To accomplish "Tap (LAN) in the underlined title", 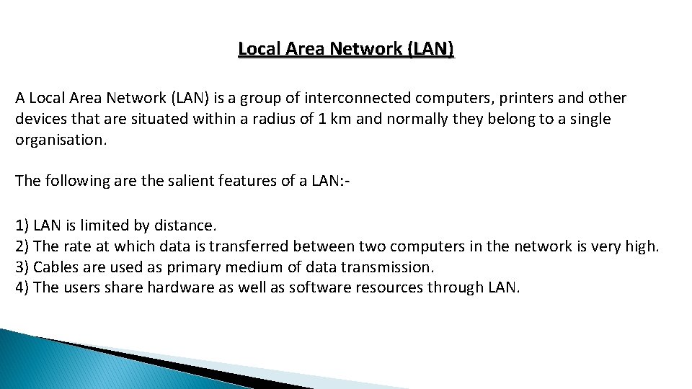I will pos(430,49).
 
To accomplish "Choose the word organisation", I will pos(61,140).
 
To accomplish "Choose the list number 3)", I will pos(22,267).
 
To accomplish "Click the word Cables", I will pos(56,267).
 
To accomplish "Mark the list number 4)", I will pos(22,287).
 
